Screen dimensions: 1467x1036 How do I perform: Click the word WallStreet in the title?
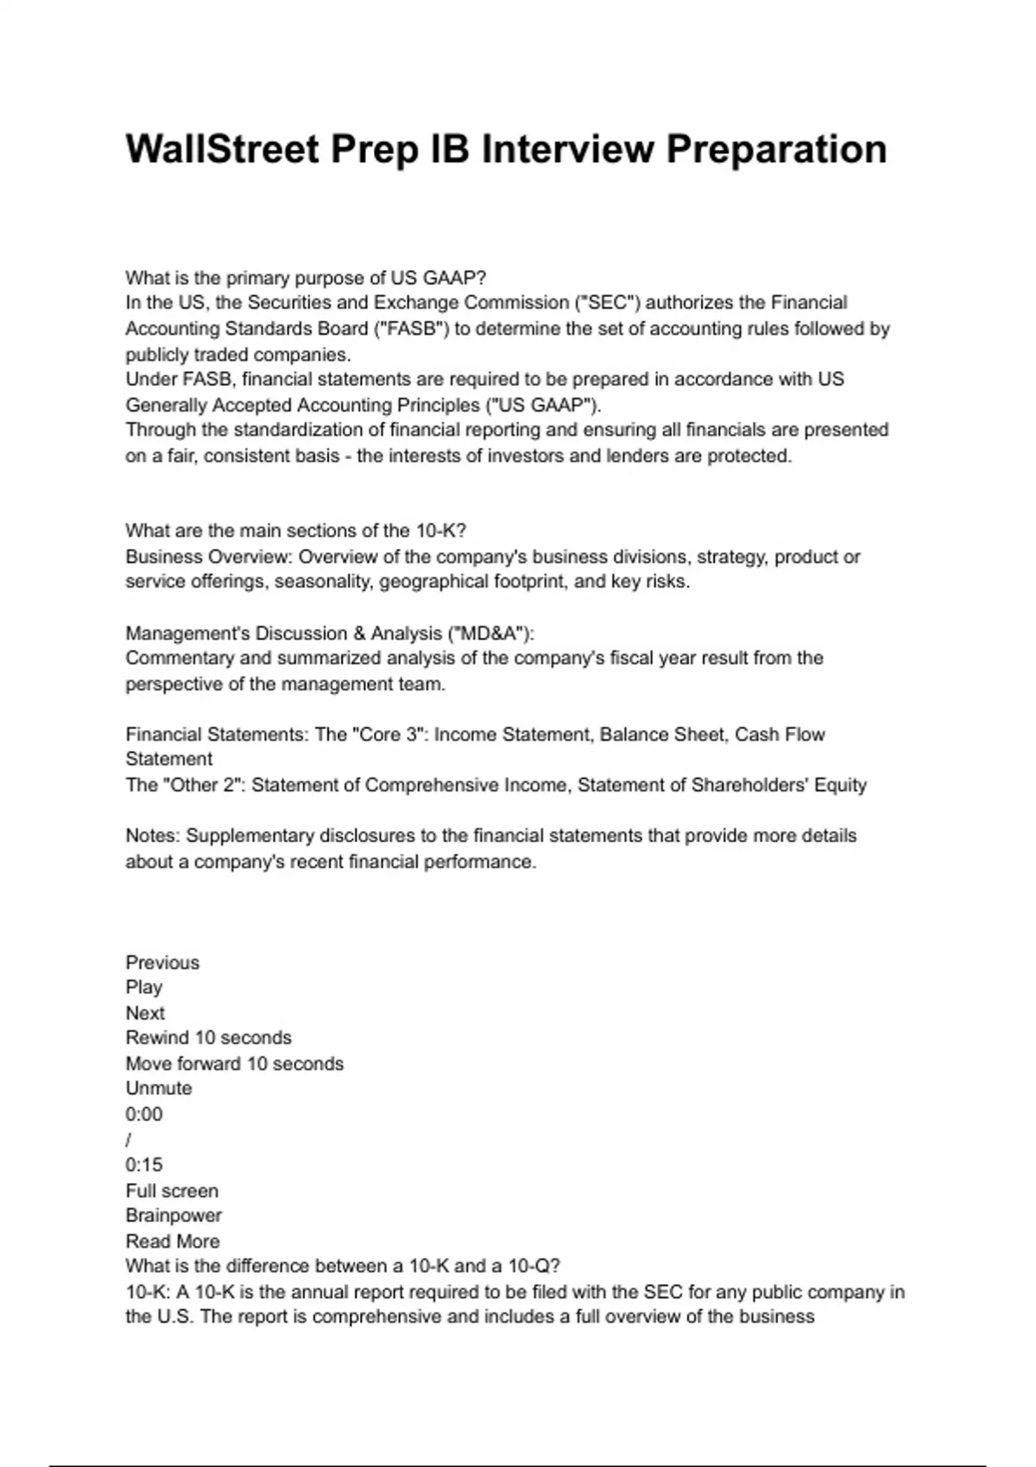(222, 148)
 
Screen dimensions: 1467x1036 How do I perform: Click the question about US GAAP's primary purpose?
(306, 278)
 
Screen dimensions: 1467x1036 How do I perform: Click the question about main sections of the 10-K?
(295, 531)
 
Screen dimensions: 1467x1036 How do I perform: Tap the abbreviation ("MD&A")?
(489, 633)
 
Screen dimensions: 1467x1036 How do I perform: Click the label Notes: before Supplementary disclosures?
(153, 836)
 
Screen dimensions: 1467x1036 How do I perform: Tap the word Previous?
(162, 962)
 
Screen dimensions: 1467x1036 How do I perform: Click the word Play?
(143, 987)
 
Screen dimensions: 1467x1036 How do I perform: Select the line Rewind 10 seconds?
(208, 1038)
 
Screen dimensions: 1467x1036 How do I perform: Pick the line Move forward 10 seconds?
(234, 1064)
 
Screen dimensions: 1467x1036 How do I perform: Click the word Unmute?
(159, 1088)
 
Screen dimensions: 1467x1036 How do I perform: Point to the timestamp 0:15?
(143, 1165)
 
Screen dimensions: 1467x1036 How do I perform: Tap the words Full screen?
(172, 1191)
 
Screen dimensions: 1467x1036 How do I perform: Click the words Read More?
(173, 1241)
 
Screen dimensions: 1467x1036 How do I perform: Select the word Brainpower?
(174, 1215)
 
